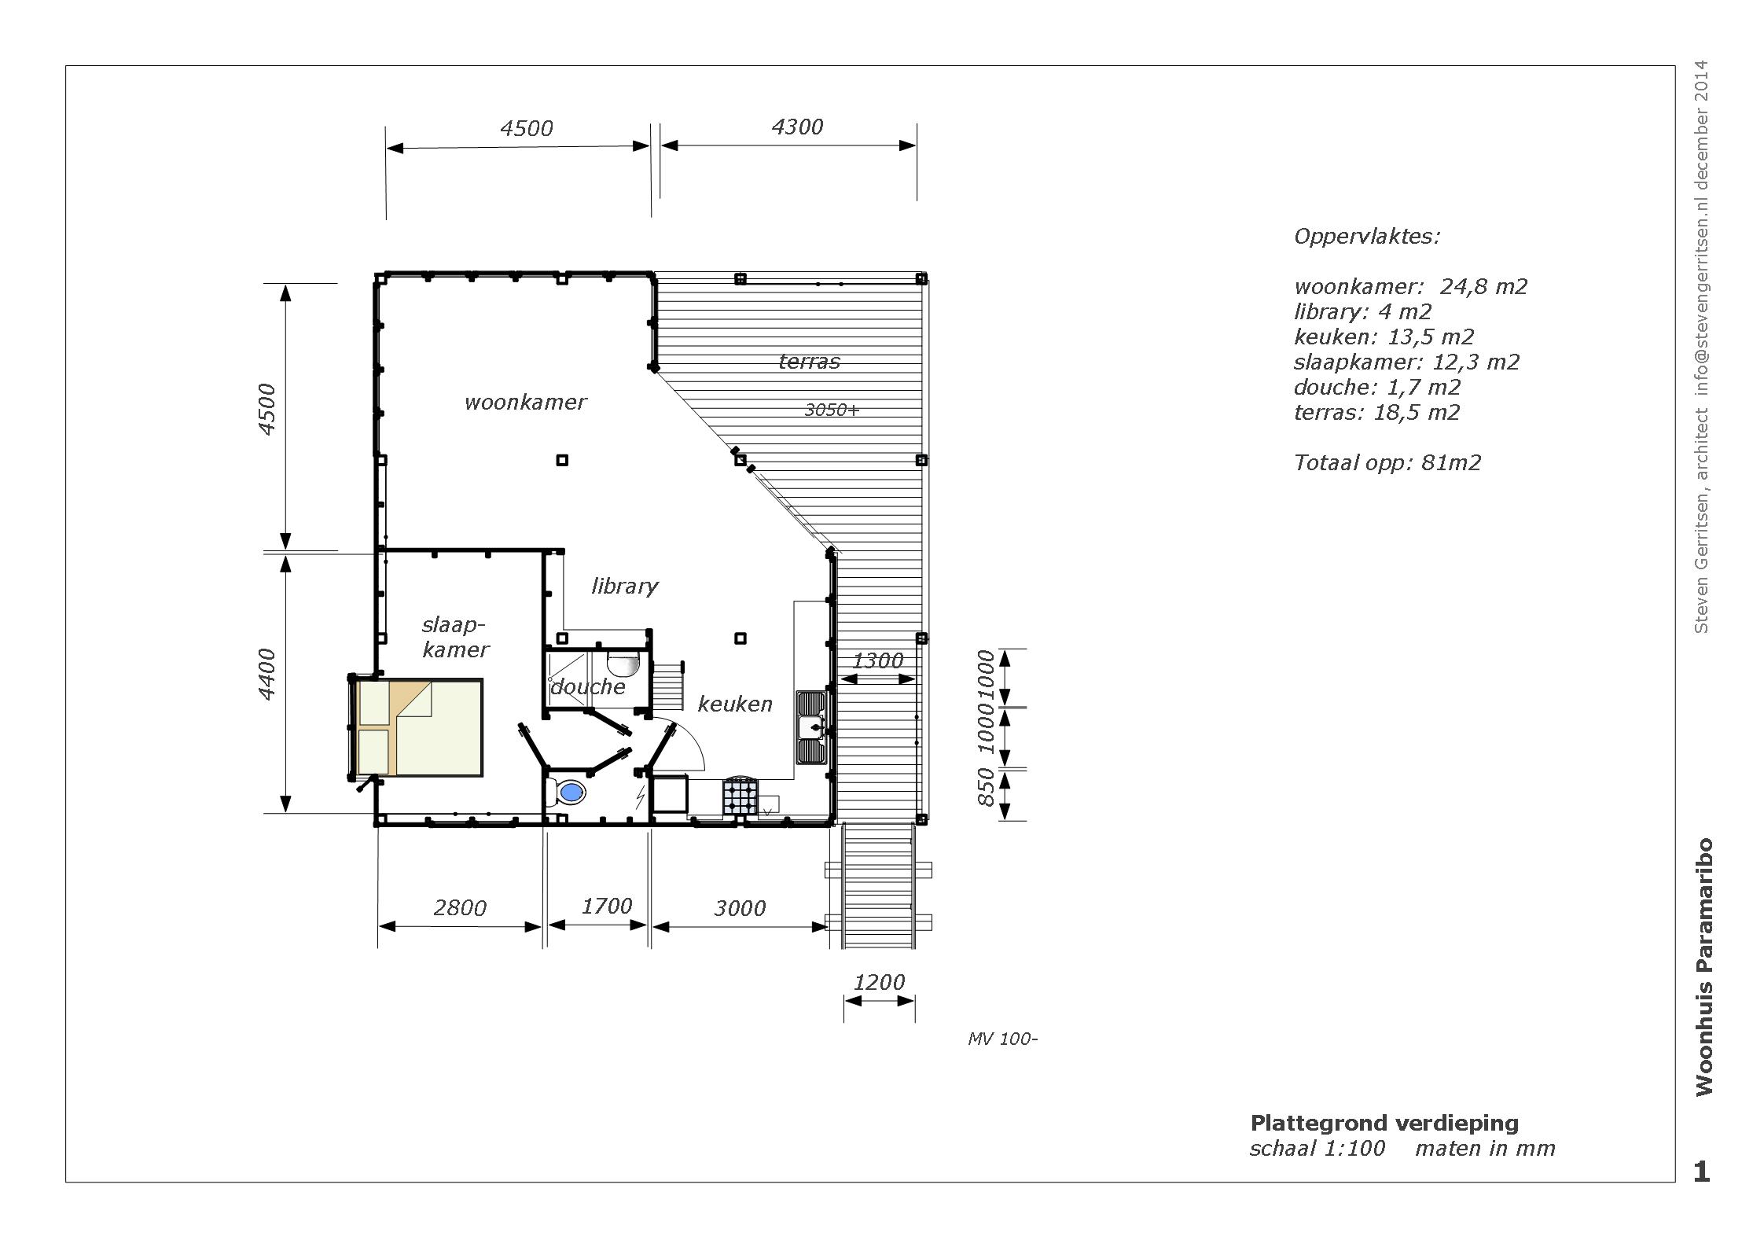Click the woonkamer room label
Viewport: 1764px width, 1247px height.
click(525, 403)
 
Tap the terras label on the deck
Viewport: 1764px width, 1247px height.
click(809, 362)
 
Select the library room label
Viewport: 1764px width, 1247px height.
click(625, 587)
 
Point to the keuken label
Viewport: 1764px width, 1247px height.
click(735, 704)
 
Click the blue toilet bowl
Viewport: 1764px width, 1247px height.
click(571, 793)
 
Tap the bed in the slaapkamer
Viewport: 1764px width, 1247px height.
click(419, 728)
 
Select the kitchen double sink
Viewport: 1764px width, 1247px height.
click(810, 727)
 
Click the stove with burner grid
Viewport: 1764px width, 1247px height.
click(741, 796)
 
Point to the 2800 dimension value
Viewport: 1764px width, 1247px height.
click(460, 908)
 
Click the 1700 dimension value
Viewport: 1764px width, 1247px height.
click(606, 907)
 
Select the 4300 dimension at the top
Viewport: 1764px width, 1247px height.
click(797, 127)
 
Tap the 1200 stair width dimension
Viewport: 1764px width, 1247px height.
click(879, 982)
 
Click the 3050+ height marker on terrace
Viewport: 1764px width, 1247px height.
click(832, 410)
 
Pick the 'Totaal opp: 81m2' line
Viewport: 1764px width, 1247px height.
click(1387, 463)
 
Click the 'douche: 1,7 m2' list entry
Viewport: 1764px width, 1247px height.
click(1377, 388)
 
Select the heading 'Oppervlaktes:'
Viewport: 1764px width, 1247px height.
click(1367, 237)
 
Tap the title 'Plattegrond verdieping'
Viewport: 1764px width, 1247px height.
click(1384, 1123)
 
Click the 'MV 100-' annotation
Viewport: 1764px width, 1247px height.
click(1002, 1039)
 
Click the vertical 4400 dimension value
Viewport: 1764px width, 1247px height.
click(267, 674)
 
